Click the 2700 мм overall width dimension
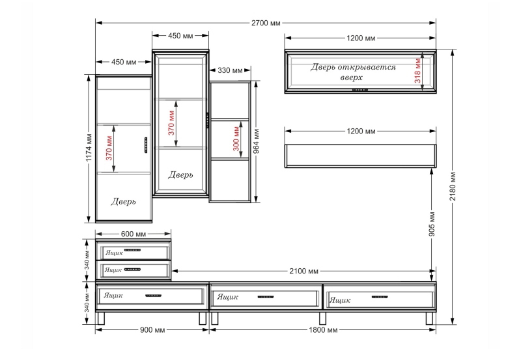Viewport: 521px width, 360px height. (266, 23)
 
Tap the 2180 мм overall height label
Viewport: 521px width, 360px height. (453, 186)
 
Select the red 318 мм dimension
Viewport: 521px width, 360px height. (417, 71)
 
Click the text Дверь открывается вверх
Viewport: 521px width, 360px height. (353, 72)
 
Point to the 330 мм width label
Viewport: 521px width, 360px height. (230, 70)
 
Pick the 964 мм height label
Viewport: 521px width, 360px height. (257, 141)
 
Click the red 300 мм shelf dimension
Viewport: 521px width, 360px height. (236, 138)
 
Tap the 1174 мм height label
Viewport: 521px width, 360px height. (89, 148)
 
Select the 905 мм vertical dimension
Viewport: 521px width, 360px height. (432, 224)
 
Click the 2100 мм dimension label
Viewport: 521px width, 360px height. (303, 271)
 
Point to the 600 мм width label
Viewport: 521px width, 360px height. (134, 234)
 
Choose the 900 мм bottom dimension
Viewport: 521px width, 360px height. (152, 330)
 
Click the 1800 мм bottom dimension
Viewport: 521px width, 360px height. (323, 330)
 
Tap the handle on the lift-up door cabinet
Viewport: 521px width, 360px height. (360, 90)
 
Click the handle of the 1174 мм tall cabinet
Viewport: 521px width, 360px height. (145, 145)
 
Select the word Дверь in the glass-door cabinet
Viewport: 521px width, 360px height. (180, 174)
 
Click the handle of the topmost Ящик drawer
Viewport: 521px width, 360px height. (133, 250)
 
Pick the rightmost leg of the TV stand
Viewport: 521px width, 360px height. (429, 318)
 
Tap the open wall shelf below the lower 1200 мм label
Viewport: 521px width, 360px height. (361, 156)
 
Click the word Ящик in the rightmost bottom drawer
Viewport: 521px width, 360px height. (339, 300)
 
